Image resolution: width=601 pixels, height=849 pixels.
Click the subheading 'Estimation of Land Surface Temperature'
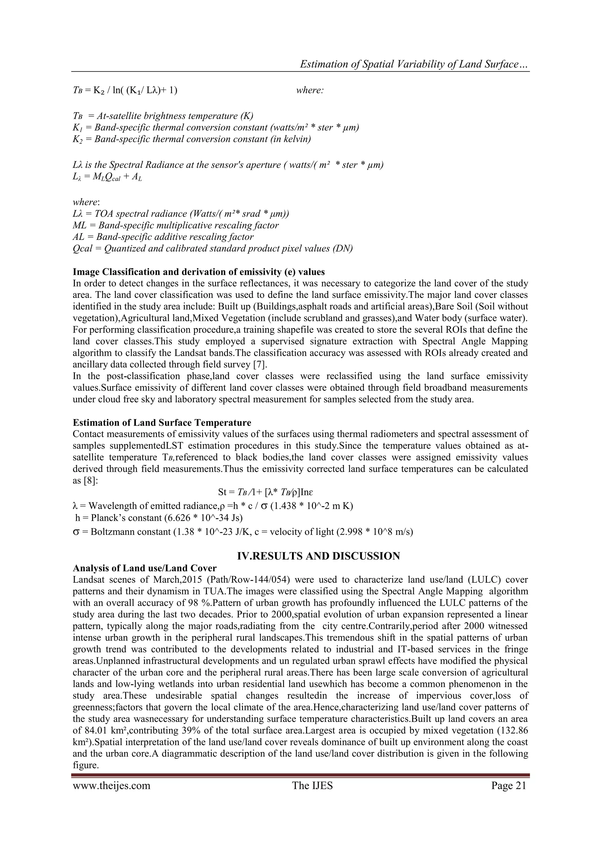(162, 423)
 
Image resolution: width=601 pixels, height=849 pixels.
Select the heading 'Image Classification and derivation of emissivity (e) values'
(199, 272)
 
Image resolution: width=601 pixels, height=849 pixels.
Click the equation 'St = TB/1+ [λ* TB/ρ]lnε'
(266, 492)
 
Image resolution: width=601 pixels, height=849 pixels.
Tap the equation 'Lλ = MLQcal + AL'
(107, 177)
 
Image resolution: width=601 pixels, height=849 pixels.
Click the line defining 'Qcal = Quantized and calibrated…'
(213, 248)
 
